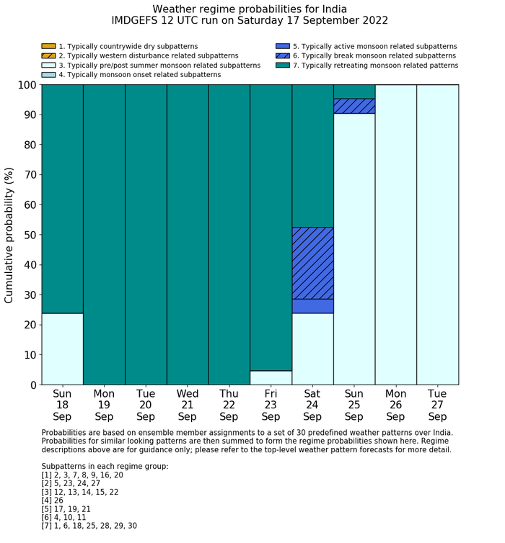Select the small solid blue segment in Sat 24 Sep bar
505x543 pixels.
312,306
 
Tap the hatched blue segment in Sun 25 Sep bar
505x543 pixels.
354,106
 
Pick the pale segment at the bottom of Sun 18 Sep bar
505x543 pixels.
62,349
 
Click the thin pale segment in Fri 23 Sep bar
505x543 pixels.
271,377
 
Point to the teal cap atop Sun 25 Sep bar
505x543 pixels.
354,91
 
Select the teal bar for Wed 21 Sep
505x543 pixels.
188,235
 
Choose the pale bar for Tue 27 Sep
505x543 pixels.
437,235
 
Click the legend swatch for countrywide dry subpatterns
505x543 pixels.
48,46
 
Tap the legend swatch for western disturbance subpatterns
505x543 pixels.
48,55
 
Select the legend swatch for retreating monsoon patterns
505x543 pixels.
282,65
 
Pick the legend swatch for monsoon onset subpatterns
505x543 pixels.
48,74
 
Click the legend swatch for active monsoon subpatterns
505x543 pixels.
282,46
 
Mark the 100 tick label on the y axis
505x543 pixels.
26,85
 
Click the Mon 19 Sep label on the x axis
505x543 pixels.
104,405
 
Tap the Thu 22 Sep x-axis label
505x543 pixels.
229,405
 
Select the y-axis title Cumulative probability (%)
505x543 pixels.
9,235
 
